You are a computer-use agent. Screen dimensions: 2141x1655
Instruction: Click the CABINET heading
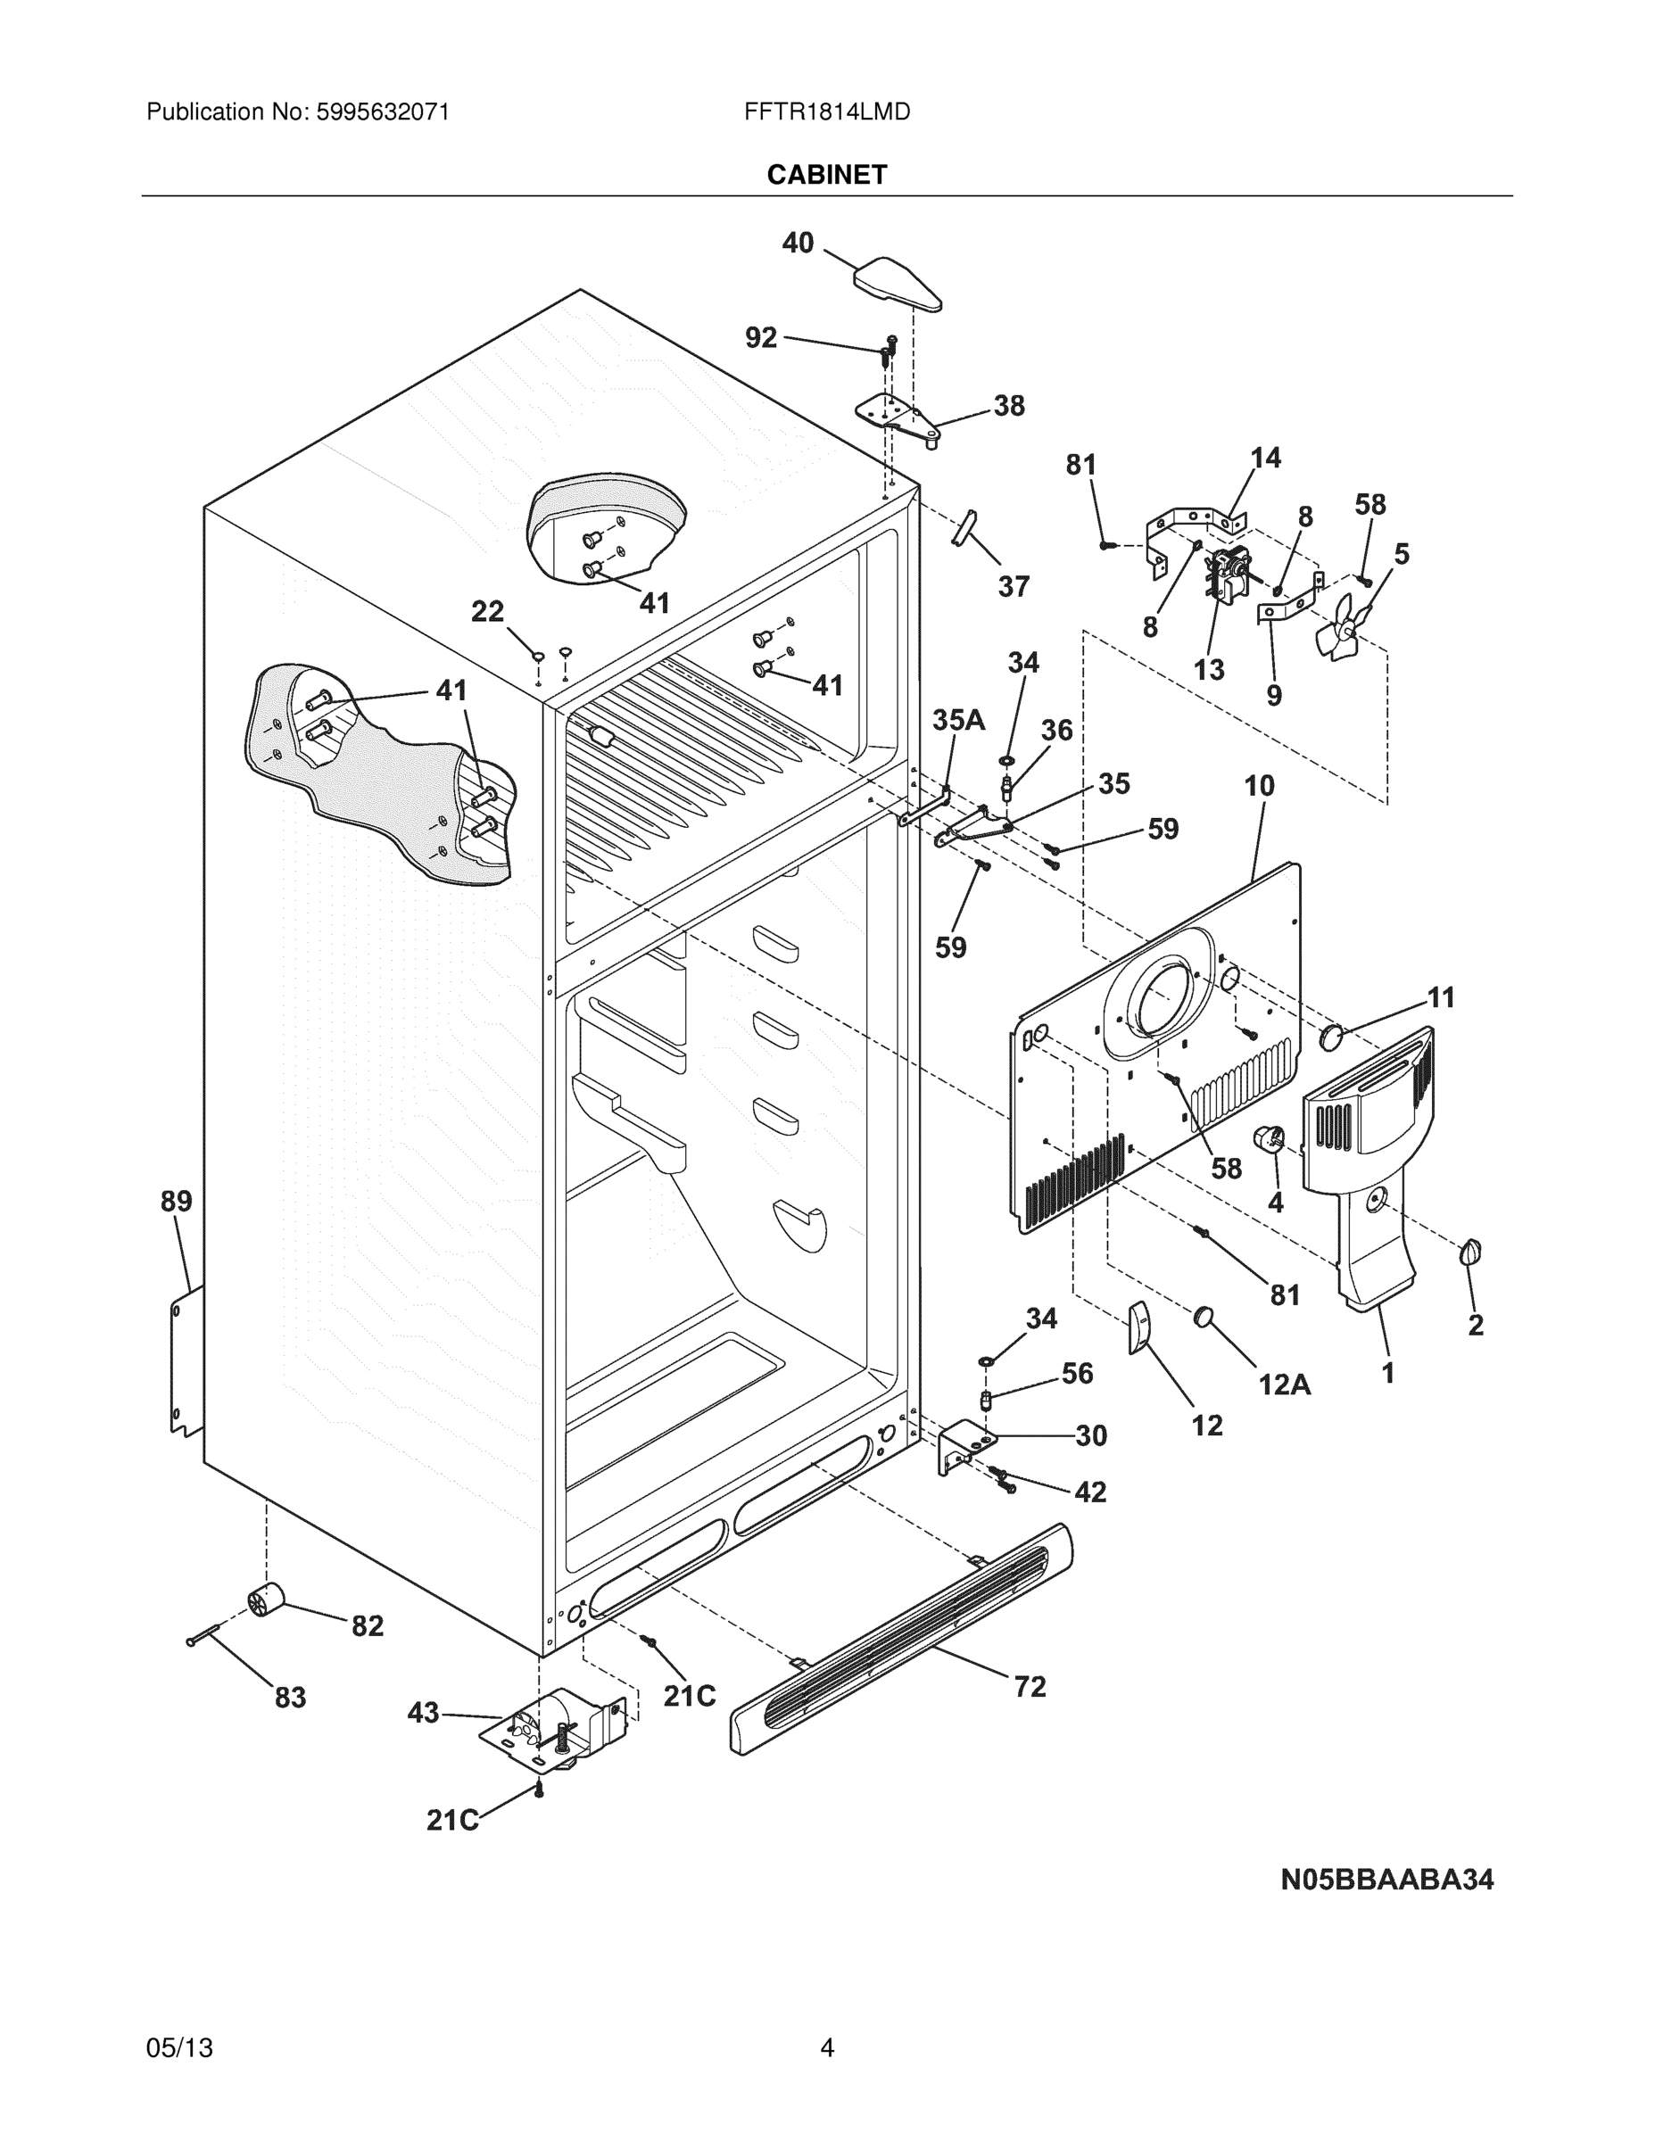826,175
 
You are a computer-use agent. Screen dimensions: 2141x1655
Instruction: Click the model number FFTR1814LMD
826,112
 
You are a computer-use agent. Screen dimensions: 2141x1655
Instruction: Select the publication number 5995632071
383,112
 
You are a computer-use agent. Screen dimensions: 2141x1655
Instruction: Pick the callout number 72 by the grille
1030,1687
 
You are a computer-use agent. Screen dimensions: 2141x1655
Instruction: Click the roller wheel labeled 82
264,1601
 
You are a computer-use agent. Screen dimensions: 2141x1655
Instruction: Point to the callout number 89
177,1201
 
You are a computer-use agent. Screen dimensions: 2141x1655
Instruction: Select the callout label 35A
958,721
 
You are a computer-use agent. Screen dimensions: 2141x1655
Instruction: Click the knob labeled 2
1470,1252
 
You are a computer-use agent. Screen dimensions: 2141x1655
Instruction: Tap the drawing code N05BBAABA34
1386,1880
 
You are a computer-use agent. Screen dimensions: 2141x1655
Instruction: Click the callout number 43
423,1713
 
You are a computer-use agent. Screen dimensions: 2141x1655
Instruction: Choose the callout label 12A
1285,1385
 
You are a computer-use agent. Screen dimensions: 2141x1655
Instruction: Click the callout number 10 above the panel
1259,786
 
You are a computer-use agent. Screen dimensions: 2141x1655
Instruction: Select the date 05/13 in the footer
179,2048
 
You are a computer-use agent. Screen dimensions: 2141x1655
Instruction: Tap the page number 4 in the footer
826,2048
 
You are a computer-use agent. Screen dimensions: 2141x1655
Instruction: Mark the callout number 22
487,612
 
